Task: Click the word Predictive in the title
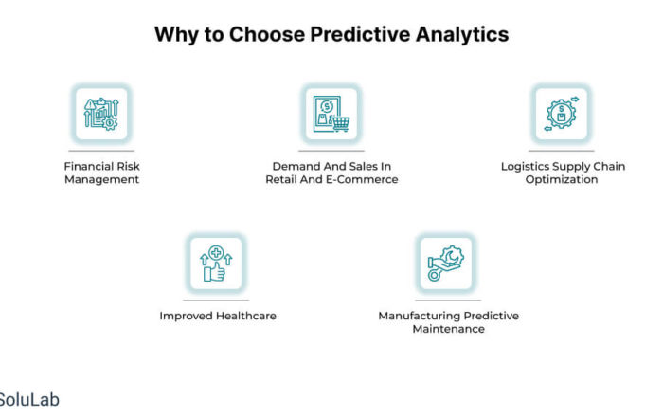pos(360,35)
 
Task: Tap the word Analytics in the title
pos(462,35)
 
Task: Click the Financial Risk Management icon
pos(101,114)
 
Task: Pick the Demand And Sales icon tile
pos(331,114)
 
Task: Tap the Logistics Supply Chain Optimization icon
pos(562,114)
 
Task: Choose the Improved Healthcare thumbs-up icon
pos(216,264)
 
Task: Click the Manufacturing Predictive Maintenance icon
pos(446,264)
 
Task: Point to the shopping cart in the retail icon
pos(340,123)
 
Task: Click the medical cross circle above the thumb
pos(216,253)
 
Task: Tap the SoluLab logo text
pos(28,400)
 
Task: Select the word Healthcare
pos(246,316)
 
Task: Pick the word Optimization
pos(562,179)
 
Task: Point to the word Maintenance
pos(449,329)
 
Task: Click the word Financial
pos(89,166)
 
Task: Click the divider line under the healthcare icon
pos(216,300)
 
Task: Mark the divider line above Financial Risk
pos(101,151)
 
